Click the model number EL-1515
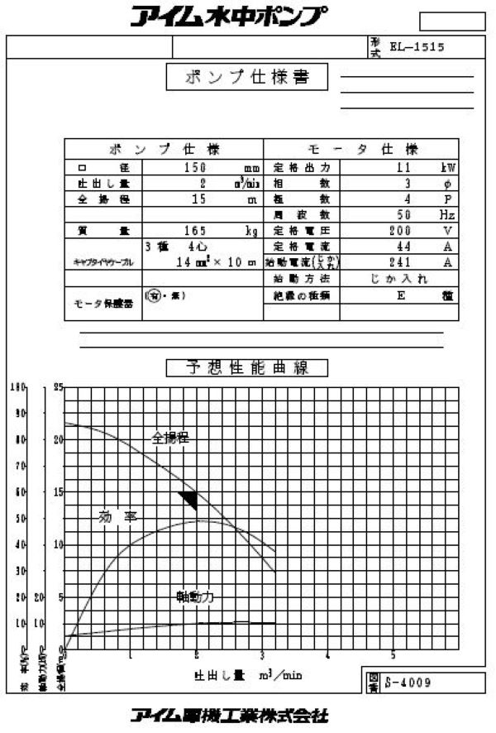417,47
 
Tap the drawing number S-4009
408,683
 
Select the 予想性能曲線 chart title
247,367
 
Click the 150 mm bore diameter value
199,167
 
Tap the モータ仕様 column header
362,150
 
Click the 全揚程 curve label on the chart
170,438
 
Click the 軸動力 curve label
194,596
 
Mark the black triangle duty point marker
189,499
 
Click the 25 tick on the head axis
58,386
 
